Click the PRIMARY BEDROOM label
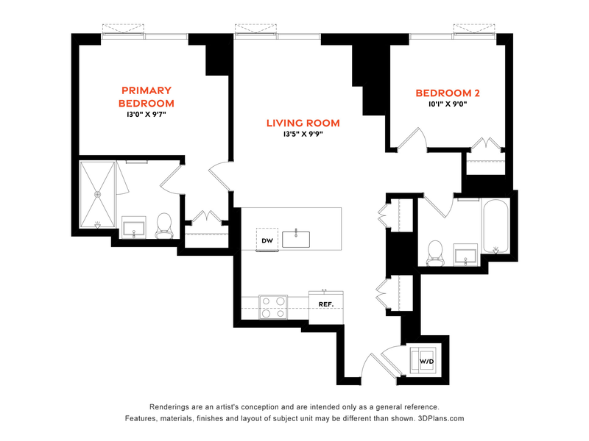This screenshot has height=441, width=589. [x=146, y=97]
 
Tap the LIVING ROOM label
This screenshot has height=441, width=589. [x=303, y=123]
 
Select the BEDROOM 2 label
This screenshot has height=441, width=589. [x=448, y=93]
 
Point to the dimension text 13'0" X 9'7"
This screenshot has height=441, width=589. [x=146, y=114]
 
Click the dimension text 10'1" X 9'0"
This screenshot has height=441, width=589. [x=448, y=104]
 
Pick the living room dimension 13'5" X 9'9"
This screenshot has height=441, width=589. [x=303, y=134]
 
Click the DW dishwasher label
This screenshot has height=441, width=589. [x=267, y=240]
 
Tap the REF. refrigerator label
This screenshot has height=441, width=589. [x=326, y=304]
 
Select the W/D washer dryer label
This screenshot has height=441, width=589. [x=426, y=362]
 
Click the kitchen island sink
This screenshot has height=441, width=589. [x=296, y=240]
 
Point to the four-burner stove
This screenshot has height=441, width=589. [x=273, y=307]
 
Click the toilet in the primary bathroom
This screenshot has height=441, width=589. [x=164, y=226]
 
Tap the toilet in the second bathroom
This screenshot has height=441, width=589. [x=435, y=253]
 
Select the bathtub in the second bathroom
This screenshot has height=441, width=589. [x=495, y=227]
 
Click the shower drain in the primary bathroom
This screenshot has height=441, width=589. [x=98, y=194]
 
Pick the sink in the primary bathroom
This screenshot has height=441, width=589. [x=134, y=228]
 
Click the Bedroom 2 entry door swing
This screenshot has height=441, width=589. [x=412, y=138]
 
